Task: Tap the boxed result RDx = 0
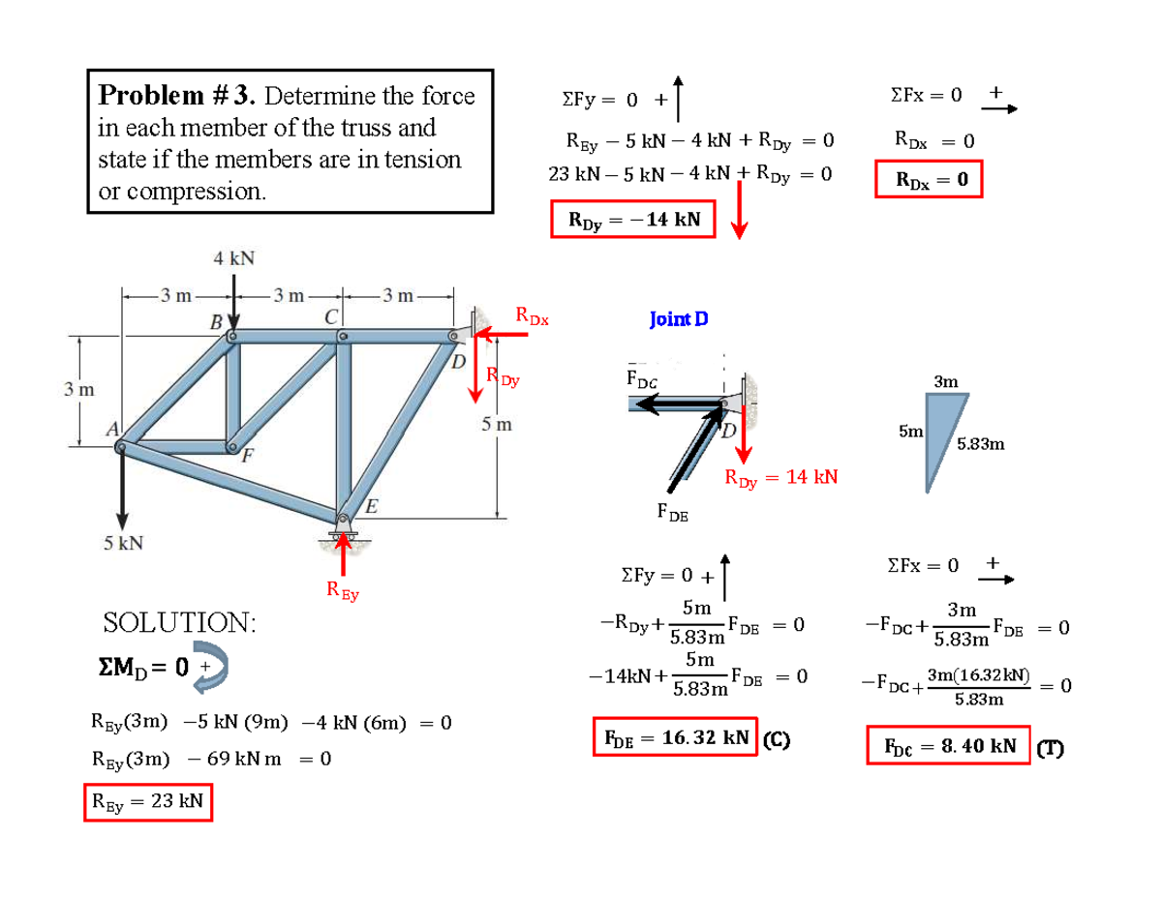(x=928, y=179)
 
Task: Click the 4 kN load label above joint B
(x=233, y=258)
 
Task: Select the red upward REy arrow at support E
(x=341, y=555)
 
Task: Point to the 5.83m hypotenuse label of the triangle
(x=979, y=445)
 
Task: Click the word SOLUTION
(x=180, y=622)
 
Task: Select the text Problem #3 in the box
(x=177, y=96)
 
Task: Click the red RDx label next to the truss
(x=532, y=314)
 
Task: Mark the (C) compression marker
(x=777, y=739)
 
